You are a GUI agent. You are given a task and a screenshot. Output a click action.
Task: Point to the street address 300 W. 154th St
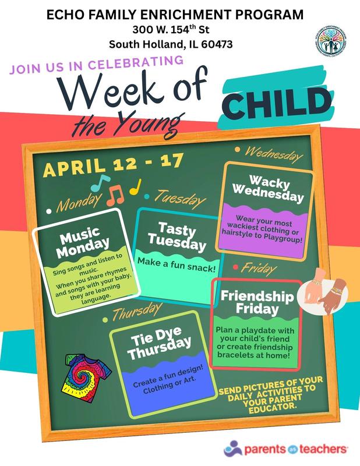180,29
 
